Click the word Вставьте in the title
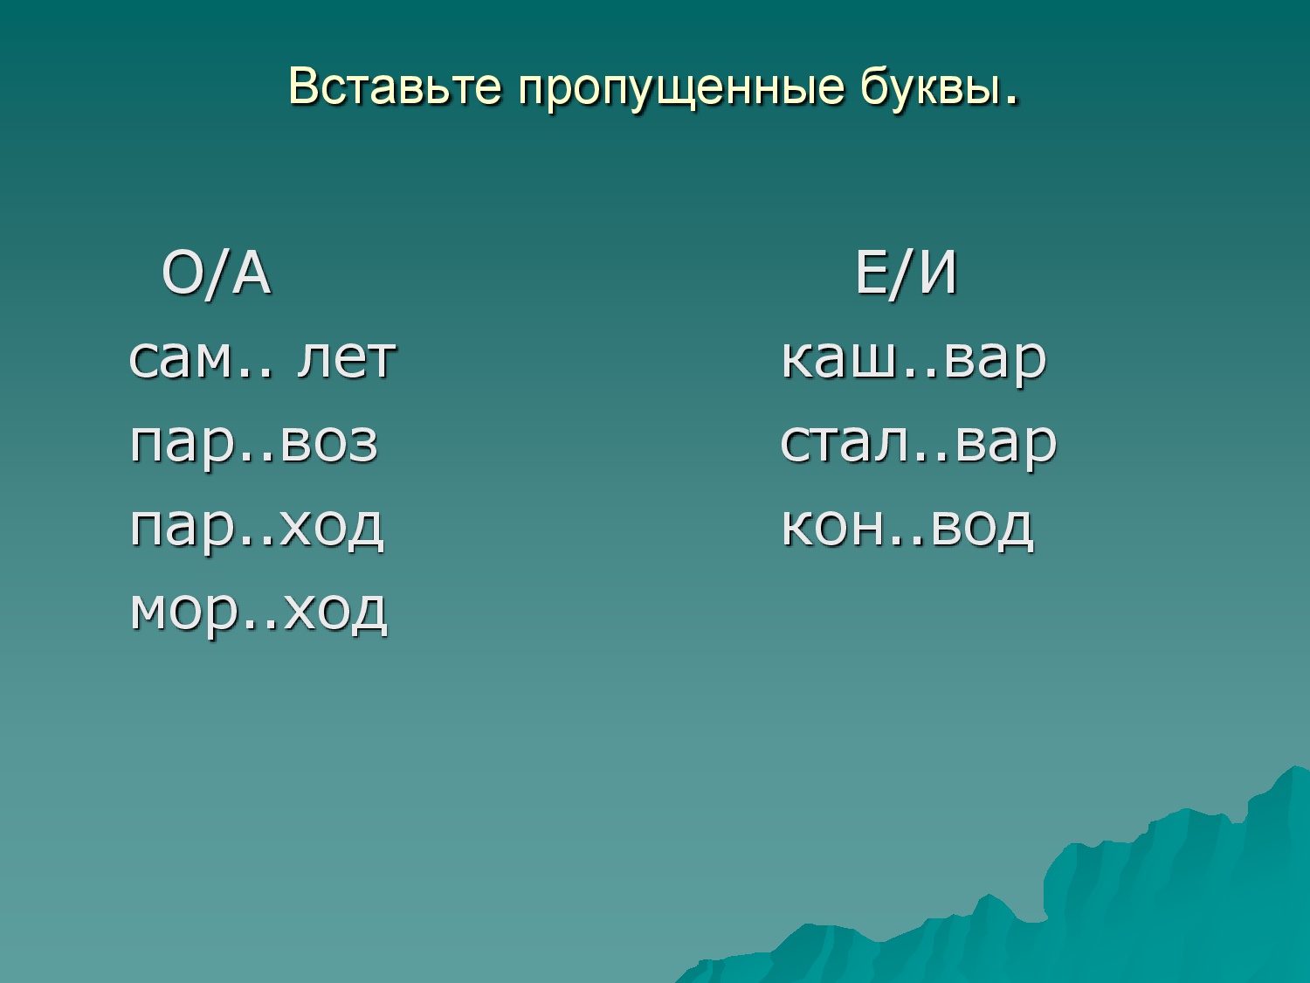tap(395, 87)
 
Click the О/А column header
tap(216, 274)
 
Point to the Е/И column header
tap(906, 274)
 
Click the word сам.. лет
tap(263, 360)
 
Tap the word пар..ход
tap(257, 529)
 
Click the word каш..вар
tap(914, 360)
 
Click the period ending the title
tap(1011, 100)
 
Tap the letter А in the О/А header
tap(252, 274)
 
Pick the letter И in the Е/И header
tap(938, 274)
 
